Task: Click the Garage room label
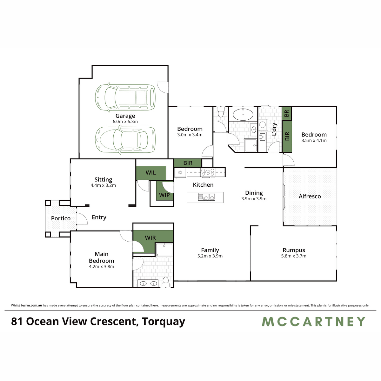125,116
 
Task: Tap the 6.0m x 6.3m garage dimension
125,122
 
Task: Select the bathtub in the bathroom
243,114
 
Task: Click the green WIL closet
151,173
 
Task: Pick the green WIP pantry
164,192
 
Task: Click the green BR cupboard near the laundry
286,113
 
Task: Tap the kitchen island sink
206,197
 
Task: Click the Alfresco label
310,196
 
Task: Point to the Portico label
61,218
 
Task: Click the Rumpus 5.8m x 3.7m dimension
294,256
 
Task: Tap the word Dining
254,193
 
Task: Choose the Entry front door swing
82,219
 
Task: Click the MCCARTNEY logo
313,322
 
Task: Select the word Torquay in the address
164,322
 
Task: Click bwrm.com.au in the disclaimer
31,305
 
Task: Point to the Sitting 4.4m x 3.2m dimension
103,185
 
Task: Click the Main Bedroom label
101,257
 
